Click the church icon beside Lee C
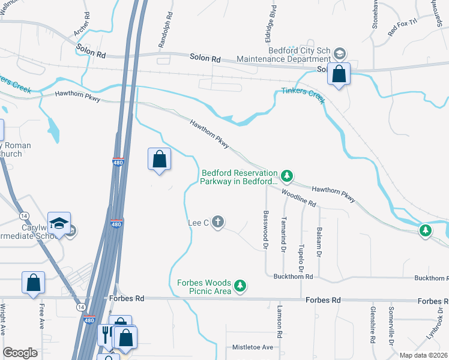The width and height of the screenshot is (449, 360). pyautogui.click(x=218, y=223)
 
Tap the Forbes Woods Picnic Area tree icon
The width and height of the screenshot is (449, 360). pyautogui.click(x=240, y=286)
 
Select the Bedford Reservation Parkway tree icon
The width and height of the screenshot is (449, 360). pyautogui.click(x=288, y=175)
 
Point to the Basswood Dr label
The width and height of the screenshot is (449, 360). pyautogui.click(x=265, y=226)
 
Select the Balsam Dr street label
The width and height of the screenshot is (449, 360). pyautogui.click(x=319, y=245)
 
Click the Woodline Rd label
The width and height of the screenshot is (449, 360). pyautogui.click(x=298, y=197)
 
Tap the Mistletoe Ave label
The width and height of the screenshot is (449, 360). pyautogui.click(x=252, y=347)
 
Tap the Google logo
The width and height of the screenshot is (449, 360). pyautogui.click(x=20, y=353)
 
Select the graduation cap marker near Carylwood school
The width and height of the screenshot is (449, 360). pyautogui.click(x=59, y=223)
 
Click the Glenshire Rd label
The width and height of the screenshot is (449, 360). pyautogui.click(x=373, y=328)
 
